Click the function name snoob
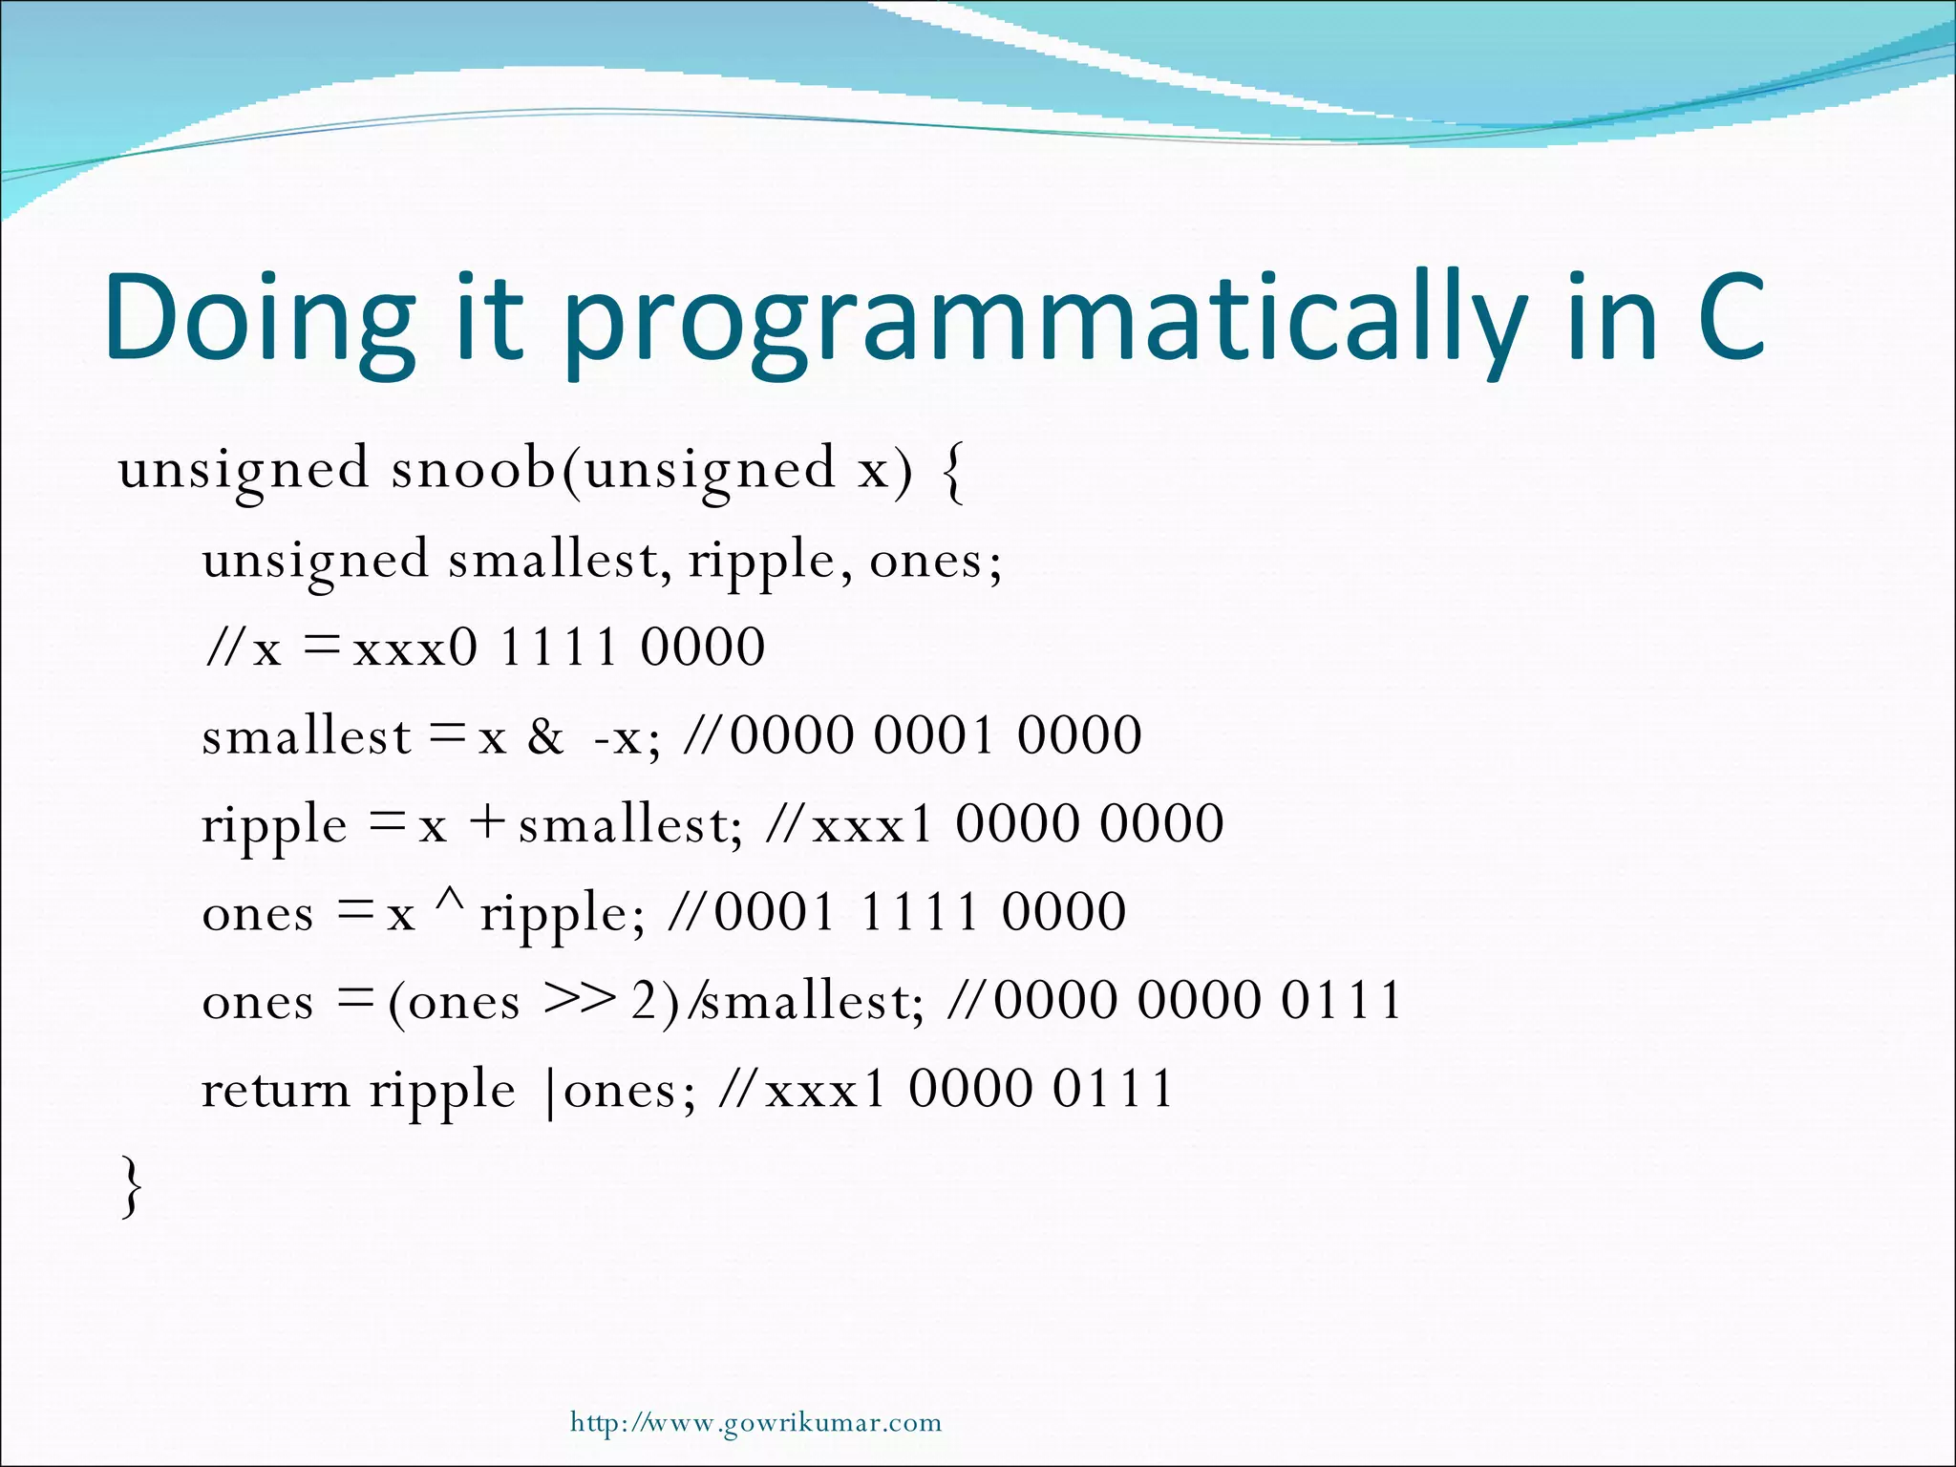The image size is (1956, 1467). (x=473, y=469)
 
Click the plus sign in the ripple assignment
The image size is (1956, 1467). (x=487, y=822)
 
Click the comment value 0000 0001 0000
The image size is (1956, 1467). (x=935, y=735)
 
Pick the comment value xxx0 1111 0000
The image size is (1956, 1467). (x=559, y=648)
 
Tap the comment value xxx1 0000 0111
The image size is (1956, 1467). (x=968, y=1089)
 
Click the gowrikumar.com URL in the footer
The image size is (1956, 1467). (x=755, y=1423)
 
